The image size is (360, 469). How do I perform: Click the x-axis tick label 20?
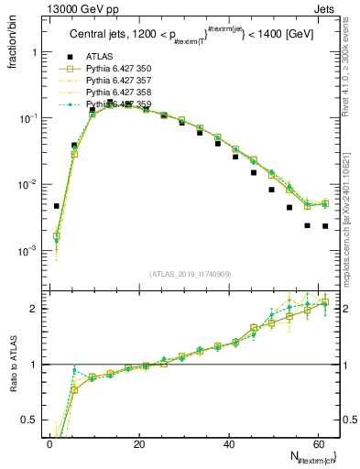pos(139,444)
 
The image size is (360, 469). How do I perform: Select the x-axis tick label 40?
pos(229,444)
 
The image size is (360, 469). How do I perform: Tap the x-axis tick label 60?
pos(318,444)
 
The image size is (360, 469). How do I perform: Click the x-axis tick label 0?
pos(50,444)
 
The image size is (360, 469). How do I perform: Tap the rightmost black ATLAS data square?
pos(325,226)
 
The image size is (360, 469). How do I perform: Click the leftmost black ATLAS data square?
pos(57,206)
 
